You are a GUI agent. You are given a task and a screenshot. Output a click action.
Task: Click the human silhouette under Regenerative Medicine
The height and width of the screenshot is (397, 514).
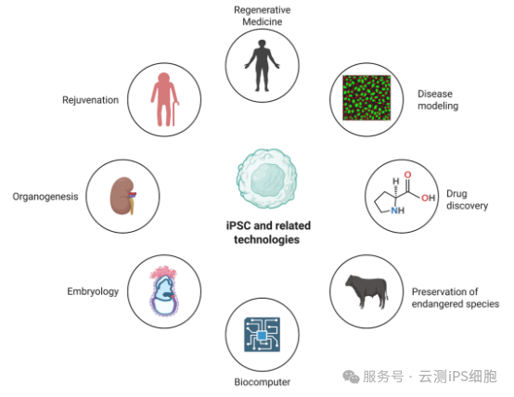[x=262, y=65]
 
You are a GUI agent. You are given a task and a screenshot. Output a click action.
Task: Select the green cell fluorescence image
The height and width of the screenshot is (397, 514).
[x=366, y=97]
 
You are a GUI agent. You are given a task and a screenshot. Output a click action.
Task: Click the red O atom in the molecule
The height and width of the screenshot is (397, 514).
[x=407, y=174]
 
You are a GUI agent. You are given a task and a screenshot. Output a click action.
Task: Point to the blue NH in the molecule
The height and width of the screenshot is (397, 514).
[x=398, y=211]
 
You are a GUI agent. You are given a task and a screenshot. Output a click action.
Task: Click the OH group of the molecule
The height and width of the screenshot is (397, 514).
[x=428, y=198]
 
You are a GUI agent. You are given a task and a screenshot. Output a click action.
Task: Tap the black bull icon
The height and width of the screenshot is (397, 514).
[x=366, y=291]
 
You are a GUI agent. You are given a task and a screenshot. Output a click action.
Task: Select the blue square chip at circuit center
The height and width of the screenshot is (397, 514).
[x=262, y=336]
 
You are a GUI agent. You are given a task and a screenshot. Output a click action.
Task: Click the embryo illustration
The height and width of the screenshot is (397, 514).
[x=164, y=291]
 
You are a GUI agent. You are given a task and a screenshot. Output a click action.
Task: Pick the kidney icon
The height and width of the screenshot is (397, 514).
[x=122, y=196]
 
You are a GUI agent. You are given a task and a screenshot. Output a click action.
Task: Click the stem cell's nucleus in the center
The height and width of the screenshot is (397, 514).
[x=268, y=179]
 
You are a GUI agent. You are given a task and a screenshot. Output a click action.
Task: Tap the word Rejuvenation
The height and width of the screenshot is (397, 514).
[x=91, y=100]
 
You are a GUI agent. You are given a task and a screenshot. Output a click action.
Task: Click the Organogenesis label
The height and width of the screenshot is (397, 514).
[x=45, y=197]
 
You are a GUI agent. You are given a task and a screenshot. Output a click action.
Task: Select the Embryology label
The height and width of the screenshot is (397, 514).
[x=93, y=291]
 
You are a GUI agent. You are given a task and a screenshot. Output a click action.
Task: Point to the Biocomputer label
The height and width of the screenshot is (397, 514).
[x=263, y=382]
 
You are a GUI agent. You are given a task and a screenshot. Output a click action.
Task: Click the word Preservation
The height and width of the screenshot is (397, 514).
[x=440, y=291]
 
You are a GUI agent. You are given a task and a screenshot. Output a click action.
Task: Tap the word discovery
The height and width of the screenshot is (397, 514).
[x=467, y=206]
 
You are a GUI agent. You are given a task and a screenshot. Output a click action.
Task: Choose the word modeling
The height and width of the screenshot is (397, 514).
[x=438, y=107]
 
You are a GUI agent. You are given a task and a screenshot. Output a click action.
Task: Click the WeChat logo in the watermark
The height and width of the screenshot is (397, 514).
[x=351, y=377]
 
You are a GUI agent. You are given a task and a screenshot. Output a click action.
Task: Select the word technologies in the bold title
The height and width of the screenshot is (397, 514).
[x=266, y=239]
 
